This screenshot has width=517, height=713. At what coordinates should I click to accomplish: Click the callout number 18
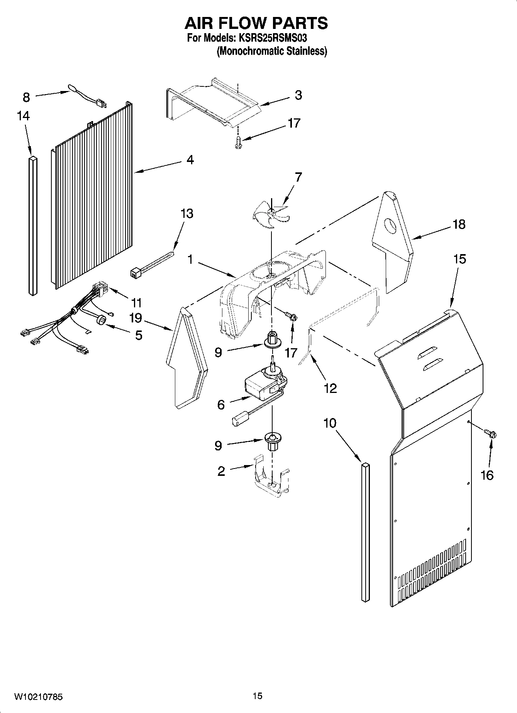click(459, 224)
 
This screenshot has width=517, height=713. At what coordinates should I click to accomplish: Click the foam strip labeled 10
click(365, 532)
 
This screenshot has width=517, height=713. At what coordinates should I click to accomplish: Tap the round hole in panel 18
click(391, 226)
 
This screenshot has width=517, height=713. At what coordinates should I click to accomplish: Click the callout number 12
click(330, 388)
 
